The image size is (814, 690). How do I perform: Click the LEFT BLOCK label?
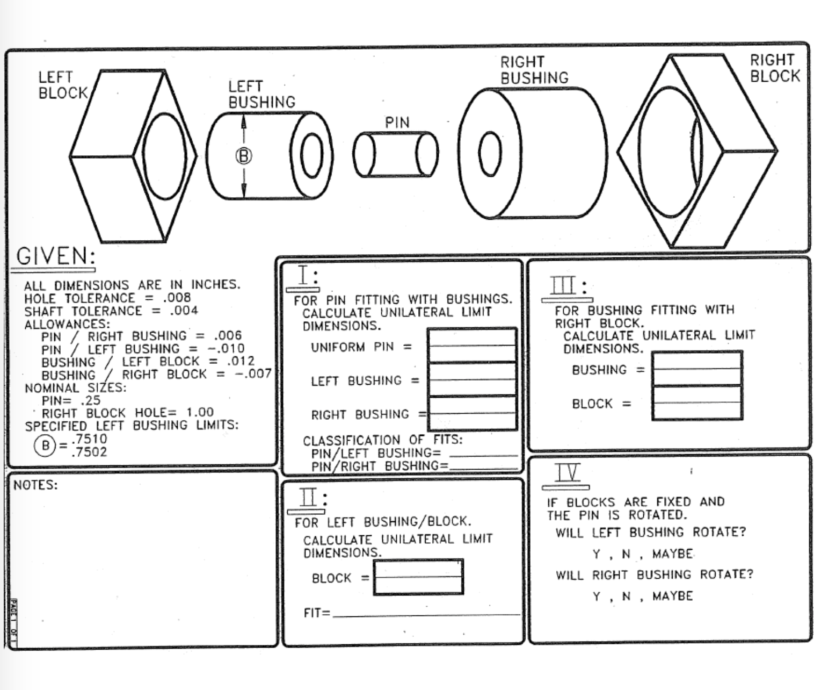click(63, 85)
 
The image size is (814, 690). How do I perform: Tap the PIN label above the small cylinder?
click(397, 123)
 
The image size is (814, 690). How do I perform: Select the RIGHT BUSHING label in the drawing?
click(534, 70)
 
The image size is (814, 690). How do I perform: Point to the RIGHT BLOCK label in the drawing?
click(775, 68)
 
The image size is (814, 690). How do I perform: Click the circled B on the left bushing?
click(243, 156)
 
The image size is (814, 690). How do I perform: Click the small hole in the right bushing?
click(490, 154)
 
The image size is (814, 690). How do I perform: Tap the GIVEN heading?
click(55, 256)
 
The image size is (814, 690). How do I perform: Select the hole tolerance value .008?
click(177, 298)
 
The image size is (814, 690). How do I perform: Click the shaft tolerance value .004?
click(184, 311)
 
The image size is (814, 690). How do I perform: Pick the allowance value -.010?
click(226, 348)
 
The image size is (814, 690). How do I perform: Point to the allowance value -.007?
click(253, 373)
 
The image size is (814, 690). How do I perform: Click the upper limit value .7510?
click(89, 439)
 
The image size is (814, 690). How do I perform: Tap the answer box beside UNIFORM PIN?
click(472, 346)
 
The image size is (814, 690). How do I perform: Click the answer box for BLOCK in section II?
click(418, 577)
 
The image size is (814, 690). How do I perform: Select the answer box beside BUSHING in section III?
click(697, 369)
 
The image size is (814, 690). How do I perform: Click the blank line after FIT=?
click(426, 614)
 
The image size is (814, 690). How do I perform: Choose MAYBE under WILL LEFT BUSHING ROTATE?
click(672, 554)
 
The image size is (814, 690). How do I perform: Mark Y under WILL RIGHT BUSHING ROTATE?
click(597, 596)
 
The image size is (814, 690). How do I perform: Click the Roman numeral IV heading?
click(566, 473)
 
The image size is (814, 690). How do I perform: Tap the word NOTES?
click(35, 485)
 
